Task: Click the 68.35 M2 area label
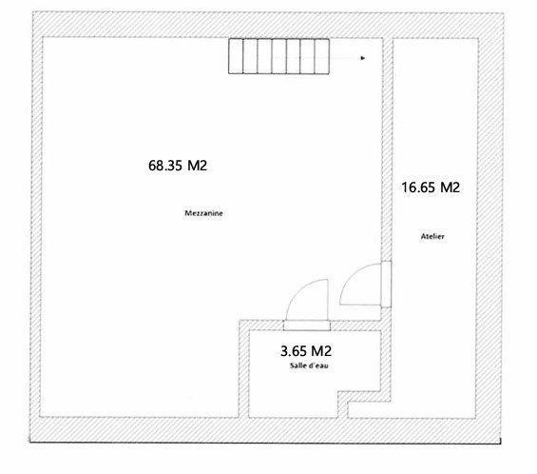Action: [178, 165]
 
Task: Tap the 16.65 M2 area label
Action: [430, 188]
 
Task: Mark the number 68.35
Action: [165, 165]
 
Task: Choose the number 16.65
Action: [417, 188]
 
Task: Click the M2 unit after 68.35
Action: [197, 165]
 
